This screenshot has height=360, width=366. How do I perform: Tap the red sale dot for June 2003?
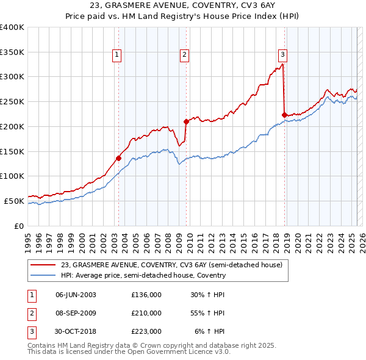(x=118, y=158)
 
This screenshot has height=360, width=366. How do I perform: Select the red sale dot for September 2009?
(x=186, y=121)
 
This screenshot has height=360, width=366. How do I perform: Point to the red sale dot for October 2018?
(x=284, y=115)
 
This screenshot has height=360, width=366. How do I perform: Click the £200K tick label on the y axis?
(x=12, y=126)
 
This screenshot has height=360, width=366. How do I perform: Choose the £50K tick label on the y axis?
(x=14, y=201)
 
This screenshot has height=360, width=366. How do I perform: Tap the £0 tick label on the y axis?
(x=20, y=226)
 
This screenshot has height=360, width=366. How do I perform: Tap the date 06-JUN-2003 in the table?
(x=76, y=295)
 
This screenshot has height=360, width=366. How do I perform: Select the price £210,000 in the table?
(x=146, y=313)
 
